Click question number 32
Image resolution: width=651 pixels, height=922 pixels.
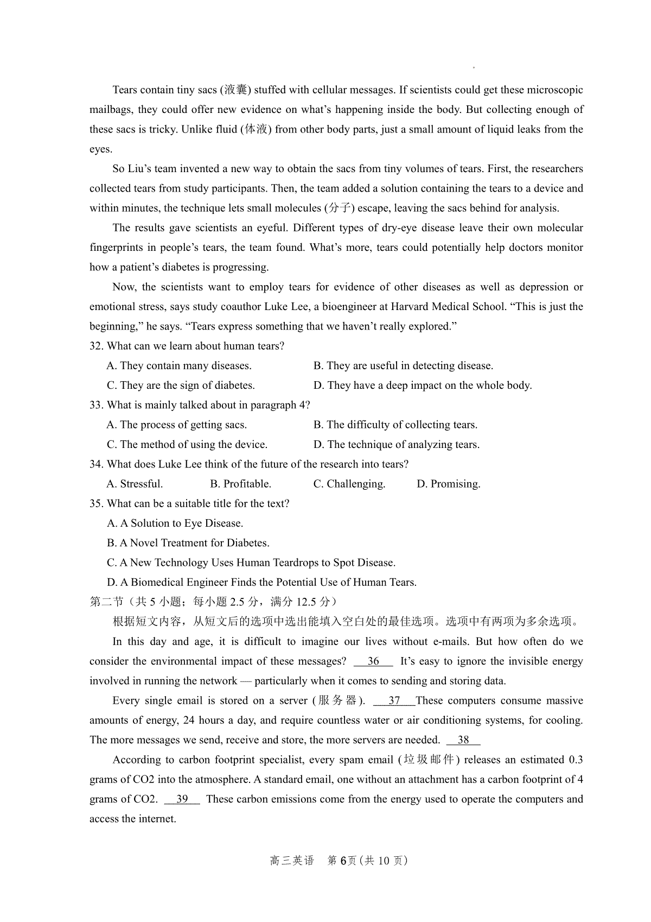(96, 346)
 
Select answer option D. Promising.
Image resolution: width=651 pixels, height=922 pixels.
(448, 484)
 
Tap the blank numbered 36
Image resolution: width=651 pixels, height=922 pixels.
(373, 661)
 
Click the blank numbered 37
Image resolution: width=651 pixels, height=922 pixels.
(394, 700)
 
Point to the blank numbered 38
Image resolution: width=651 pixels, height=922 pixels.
(463, 740)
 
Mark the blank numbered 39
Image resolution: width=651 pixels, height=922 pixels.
(182, 799)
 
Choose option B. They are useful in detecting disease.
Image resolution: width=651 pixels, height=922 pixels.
(403, 366)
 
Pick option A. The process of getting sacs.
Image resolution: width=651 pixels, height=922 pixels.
(177, 425)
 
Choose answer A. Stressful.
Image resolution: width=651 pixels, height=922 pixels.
(135, 484)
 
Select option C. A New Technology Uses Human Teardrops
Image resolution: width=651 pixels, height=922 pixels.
(251, 563)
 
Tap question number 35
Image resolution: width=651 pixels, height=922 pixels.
(96, 503)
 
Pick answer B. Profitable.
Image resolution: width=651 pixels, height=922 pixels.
(240, 484)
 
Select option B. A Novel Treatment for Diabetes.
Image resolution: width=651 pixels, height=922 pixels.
(188, 543)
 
